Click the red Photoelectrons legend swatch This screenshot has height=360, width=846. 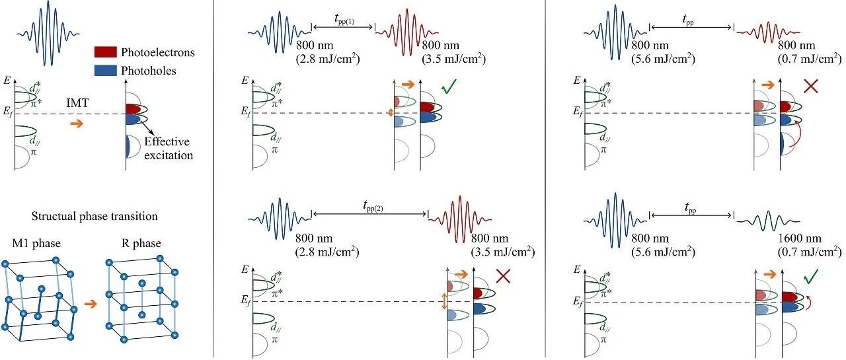click(105, 52)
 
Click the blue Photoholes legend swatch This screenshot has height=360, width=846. click(105, 70)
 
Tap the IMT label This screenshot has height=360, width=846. click(77, 102)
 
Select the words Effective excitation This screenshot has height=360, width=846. click(169, 149)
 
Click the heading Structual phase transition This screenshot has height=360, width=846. click(95, 216)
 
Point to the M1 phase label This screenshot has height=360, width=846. click(36, 243)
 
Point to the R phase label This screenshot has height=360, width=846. click(141, 243)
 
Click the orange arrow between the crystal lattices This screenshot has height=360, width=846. click(91, 304)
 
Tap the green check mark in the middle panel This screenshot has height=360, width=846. click(449, 87)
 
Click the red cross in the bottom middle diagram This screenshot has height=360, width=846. click(503, 276)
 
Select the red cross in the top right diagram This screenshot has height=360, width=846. click(811, 87)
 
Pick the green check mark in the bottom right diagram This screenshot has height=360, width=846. click(811, 277)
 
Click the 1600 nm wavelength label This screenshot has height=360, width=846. click(800, 238)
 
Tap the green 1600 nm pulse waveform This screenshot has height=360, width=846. click(768, 221)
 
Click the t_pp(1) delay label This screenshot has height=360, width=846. click(344, 19)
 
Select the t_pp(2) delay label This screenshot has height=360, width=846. click(373, 206)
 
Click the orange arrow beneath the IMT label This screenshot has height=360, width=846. click(77, 124)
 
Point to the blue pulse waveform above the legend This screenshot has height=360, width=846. click(48, 34)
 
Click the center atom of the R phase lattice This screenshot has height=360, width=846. click(142, 283)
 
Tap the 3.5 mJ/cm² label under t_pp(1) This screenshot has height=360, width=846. click(453, 59)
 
